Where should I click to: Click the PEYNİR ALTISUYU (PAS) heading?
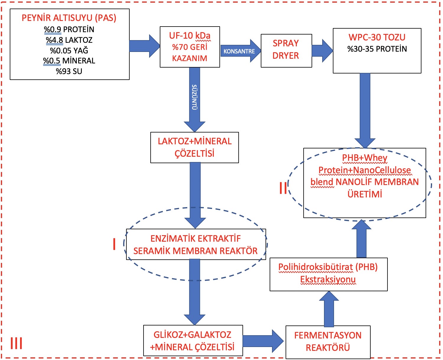click(69, 18)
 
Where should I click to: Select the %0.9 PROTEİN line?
click(69, 30)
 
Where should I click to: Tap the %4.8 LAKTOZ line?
click(69, 40)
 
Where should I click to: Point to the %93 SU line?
click(69, 71)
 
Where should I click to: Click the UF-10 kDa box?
click(190, 47)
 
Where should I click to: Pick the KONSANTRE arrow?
click(240, 51)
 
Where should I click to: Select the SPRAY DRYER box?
click(286, 50)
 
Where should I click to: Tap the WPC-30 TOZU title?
click(377, 37)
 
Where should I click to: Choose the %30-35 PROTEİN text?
click(377, 49)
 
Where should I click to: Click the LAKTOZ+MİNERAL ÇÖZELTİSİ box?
click(195, 147)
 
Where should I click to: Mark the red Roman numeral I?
click(114, 244)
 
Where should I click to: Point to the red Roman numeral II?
click(283, 188)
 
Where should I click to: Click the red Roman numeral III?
click(16, 343)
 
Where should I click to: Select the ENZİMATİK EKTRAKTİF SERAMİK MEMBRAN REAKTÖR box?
click(196, 245)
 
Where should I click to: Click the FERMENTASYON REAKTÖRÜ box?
click(328, 341)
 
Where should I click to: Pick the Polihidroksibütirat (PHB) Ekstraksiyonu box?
click(328, 274)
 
